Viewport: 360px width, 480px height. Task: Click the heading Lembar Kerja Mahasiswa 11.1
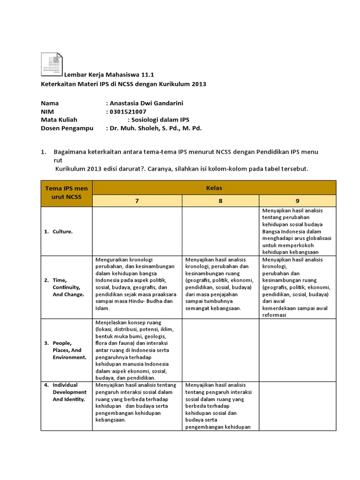(109, 75)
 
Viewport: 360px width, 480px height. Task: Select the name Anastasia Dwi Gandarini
(145, 103)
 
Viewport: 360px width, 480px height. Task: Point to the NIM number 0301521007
(128, 112)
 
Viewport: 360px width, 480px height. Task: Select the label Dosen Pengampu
(67, 128)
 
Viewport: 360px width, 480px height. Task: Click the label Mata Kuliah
(59, 120)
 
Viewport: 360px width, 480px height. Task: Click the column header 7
(137, 201)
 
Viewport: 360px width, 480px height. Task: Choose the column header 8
(220, 201)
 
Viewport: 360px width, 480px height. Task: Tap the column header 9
(297, 201)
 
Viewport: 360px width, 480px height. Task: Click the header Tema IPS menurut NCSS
(67, 193)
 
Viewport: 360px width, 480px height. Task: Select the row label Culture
(62, 232)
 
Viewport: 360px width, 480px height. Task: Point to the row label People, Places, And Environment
(69, 350)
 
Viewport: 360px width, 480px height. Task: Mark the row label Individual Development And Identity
(69, 392)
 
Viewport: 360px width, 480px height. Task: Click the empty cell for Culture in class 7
(137, 231)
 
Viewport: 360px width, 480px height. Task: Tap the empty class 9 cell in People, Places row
(297, 350)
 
